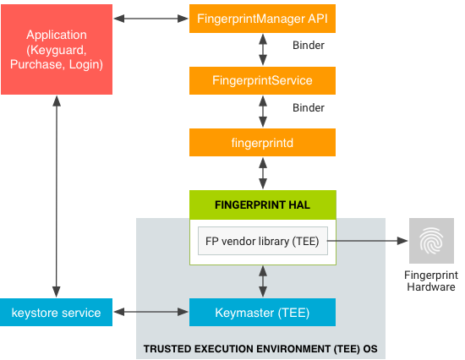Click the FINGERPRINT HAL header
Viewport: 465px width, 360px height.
262,204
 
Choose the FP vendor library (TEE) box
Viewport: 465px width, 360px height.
262,241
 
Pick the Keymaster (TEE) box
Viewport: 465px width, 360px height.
262,313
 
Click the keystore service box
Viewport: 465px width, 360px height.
56,313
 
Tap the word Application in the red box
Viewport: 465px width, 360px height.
57,35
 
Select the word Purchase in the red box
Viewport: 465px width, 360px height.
36,64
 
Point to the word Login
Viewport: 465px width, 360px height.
85,64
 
